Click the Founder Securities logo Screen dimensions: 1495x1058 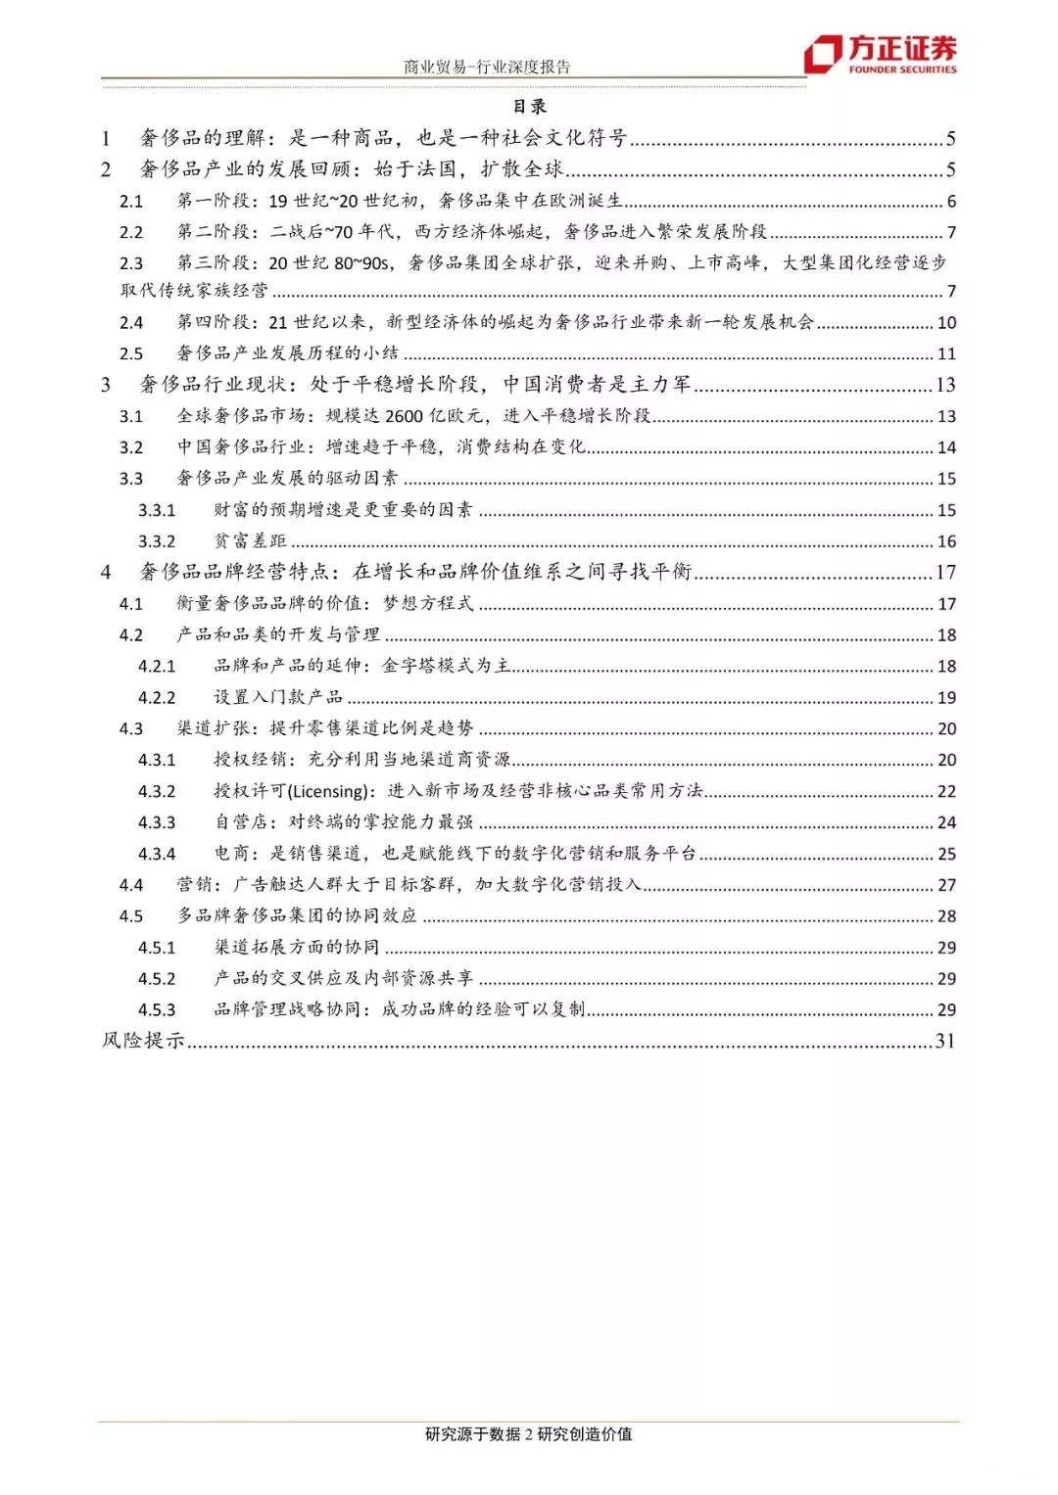tap(880, 54)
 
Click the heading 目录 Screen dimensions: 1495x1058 tap(530, 107)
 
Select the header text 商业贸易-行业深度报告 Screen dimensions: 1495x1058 tap(487, 67)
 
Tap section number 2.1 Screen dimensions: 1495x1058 tap(131, 202)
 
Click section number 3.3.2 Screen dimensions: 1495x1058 tap(157, 541)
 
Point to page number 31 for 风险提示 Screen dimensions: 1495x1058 tap(945, 1041)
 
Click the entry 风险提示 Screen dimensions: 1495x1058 tap(144, 1041)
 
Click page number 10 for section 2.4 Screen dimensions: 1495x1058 tap(946, 323)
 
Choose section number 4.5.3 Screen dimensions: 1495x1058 tap(157, 1010)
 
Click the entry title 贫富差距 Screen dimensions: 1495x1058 tap(251, 541)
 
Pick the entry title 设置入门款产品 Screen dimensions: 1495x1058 tap(278, 697)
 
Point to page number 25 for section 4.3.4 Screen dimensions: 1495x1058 tap(946, 854)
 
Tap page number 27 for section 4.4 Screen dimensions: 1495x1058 tap(946, 885)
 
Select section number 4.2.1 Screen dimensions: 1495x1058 tap(157, 667)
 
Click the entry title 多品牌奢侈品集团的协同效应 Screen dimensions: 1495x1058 tap(297, 916)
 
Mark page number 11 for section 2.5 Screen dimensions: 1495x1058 tap(946, 354)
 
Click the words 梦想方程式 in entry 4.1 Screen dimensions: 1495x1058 tap(428, 604)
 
